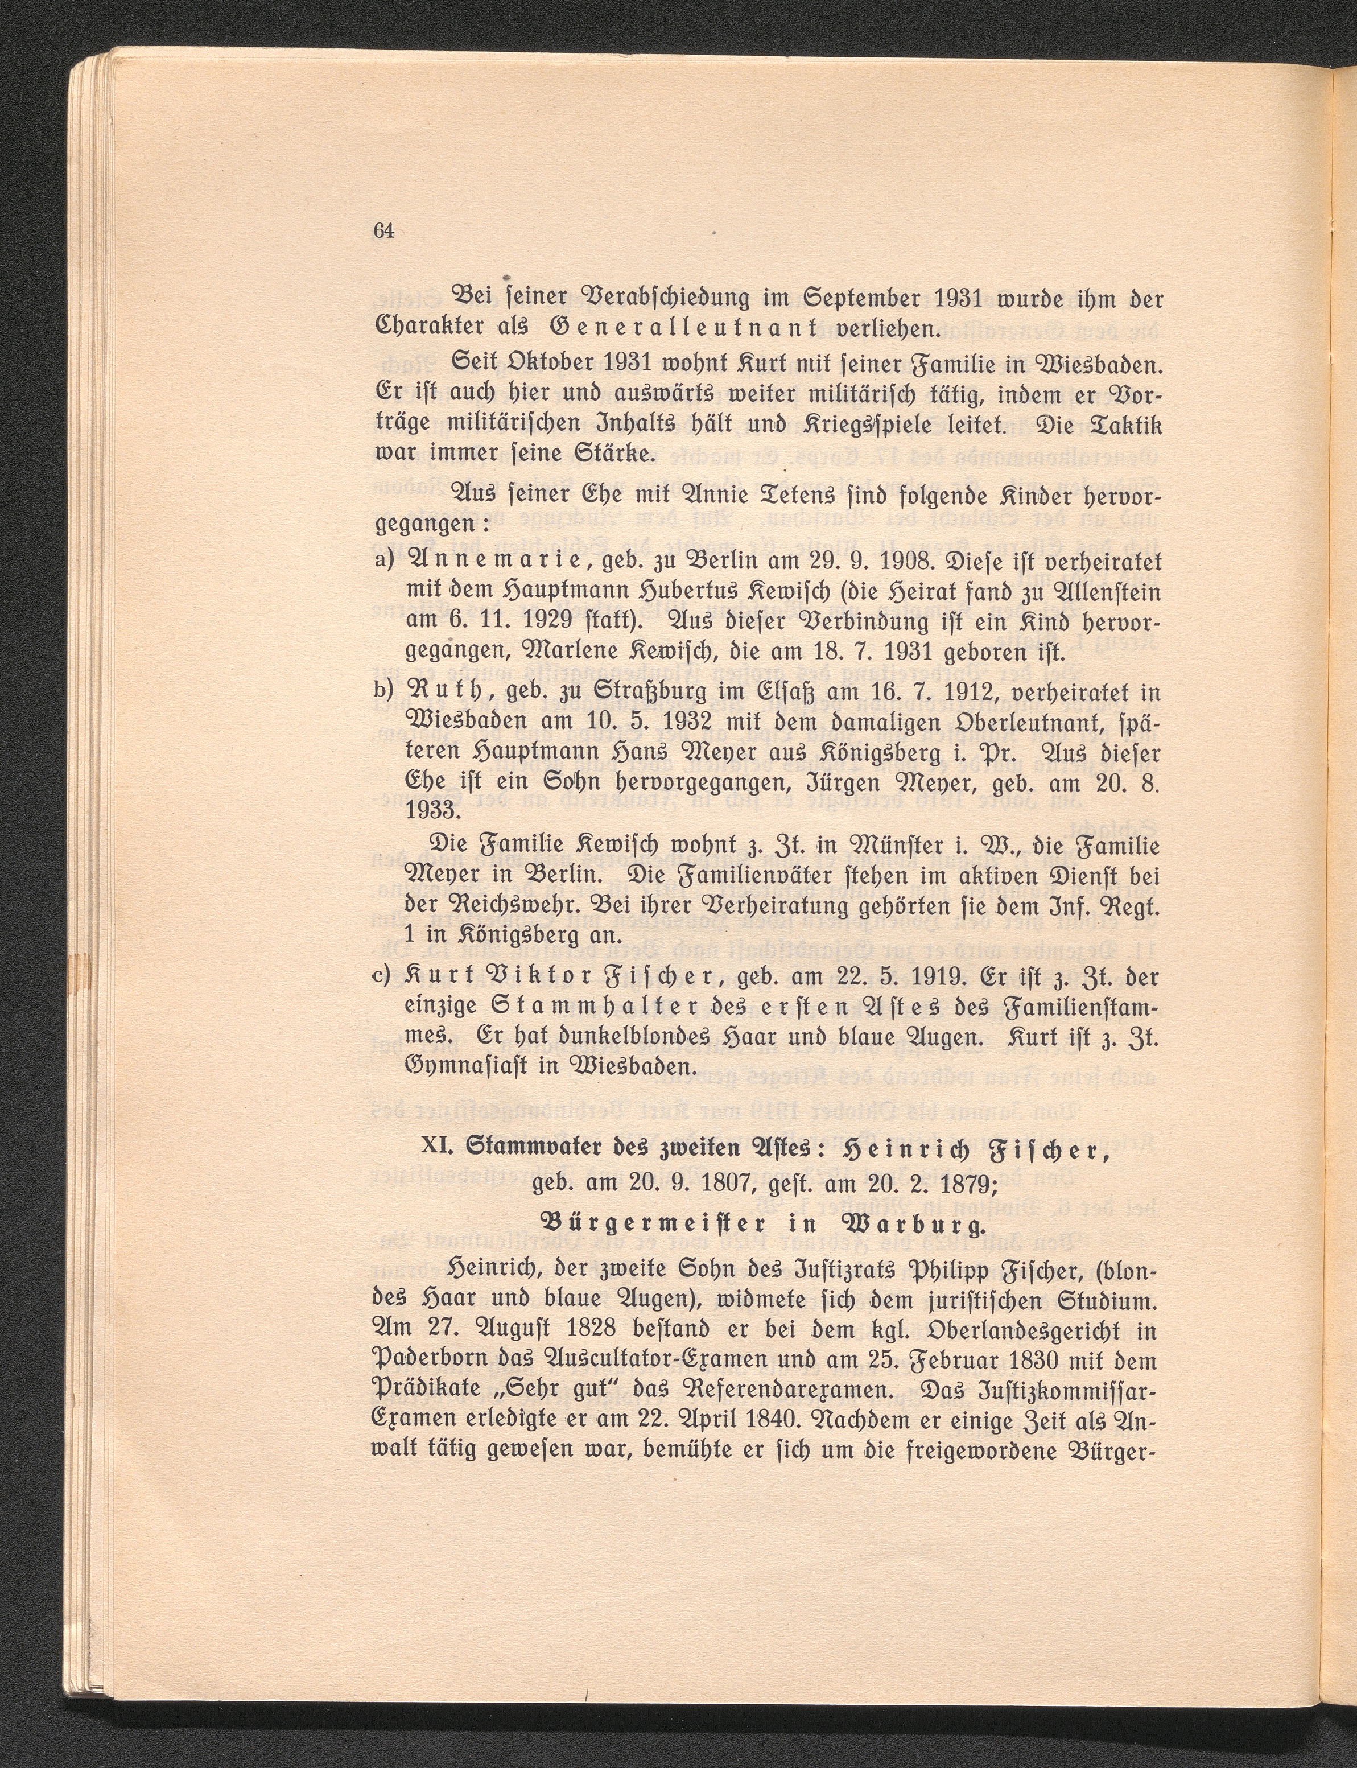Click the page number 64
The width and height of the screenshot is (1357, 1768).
click(383, 231)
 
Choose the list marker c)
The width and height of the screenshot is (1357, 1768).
click(383, 979)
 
